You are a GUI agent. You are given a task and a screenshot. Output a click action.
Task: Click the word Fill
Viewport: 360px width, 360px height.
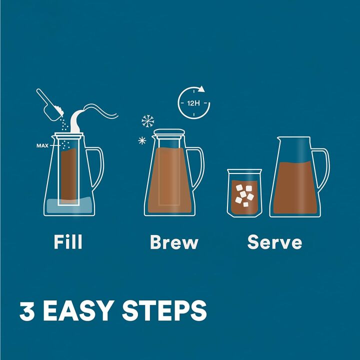tap(67, 242)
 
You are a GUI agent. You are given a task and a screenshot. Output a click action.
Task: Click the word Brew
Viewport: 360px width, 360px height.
tap(174, 242)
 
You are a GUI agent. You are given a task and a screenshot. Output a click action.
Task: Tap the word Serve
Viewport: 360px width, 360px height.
tap(274, 242)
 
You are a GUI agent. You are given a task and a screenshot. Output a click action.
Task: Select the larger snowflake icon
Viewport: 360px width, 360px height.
tap(148, 121)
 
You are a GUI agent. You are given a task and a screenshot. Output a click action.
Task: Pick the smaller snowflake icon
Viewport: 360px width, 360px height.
tap(141, 140)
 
